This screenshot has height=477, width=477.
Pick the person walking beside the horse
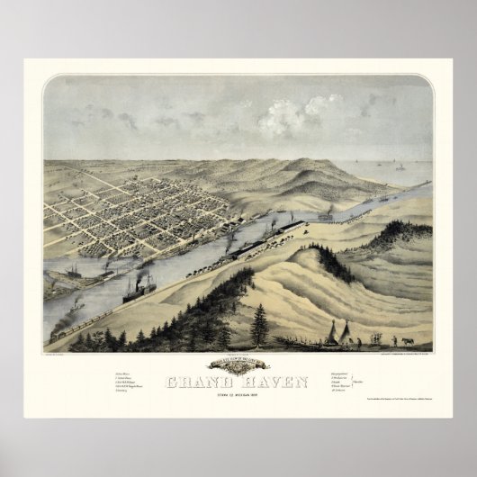[x=393, y=340]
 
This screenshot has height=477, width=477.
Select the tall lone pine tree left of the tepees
[x=260, y=325]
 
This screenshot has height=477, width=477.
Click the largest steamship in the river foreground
[x=139, y=290]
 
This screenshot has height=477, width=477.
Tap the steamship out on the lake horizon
[x=399, y=167]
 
